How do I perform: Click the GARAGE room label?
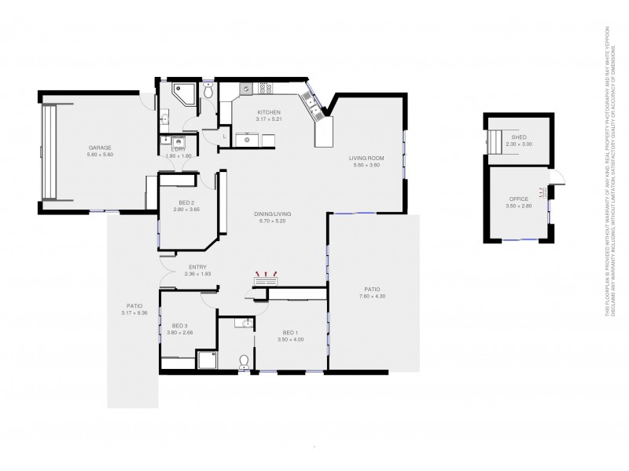(x=100, y=148)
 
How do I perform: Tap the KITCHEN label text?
(x=269, y=112)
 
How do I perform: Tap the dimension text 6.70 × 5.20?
(x=269, y=221)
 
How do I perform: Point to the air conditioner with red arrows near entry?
(x=265, y=279)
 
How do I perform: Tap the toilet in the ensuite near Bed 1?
(x=244, y=360)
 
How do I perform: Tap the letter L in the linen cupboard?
(x=226, y=137)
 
